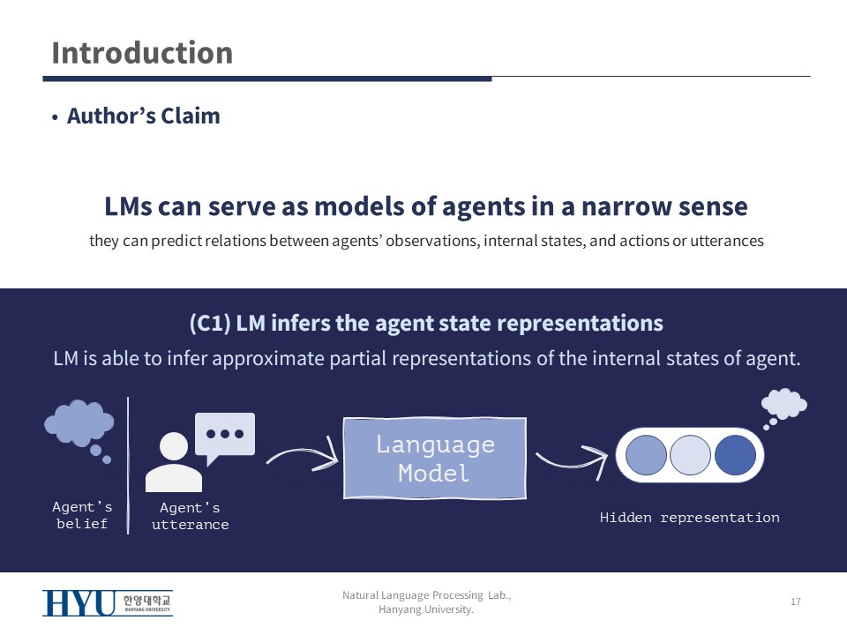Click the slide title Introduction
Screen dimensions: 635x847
(x=142, y=53)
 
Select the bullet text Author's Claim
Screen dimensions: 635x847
(x=143, y=116)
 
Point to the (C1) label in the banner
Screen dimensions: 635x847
(x=210, y=324)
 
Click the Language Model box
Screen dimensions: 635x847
(x=434, y=458)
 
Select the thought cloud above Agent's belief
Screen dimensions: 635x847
(x=79, y=423)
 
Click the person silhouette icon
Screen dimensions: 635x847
(x=174, y=462)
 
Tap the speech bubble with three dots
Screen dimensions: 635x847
(x=224, y=434)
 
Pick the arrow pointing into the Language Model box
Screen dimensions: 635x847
(x=303, y=456)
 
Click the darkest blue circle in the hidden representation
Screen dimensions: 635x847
(x=735, y=454)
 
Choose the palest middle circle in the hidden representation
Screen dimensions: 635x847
(x=691, y=454)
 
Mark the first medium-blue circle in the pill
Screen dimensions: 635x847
(x=647, y=454)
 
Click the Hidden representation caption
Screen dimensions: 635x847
(x=689, y=518)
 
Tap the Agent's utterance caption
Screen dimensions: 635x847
(x=190, y=517)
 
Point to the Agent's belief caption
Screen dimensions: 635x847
(x=82, y=515)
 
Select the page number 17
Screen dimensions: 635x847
(x=795, y=601)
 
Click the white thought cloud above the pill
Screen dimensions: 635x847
(x=783, y=404)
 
